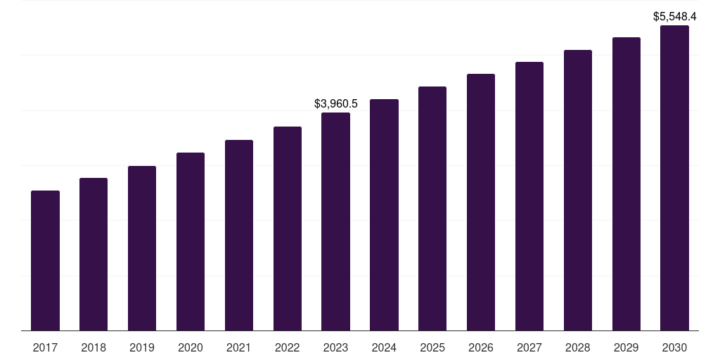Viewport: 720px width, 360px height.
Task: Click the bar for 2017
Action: (x=45, y=260)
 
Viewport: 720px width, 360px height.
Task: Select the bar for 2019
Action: (x=142, y=248)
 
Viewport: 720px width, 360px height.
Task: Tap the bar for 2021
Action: (x=239, y=235)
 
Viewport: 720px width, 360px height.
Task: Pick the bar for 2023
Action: (x=335, y=221)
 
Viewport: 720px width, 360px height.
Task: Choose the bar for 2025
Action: (x=432, y=208)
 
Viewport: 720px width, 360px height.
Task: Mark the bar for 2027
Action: (x=529, y=196)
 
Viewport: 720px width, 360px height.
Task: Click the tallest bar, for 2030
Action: (x=674, y=178)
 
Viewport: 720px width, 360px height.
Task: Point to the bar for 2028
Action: (x=578, y=190)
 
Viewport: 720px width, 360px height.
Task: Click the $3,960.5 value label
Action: (x=336, y=103)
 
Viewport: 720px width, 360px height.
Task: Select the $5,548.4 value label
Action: (x=675, y=15)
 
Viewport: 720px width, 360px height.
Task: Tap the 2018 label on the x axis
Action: (x=94, y=347)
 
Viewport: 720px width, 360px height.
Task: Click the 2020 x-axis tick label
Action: (x=191, y=347)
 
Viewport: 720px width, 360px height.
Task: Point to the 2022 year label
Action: (x=288, y=347)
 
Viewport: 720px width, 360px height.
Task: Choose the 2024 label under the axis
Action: (x=384, y=347)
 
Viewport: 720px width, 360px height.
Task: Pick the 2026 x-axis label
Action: (x=481, y=347)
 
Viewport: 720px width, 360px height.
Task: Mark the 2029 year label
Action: (x=626, y=347)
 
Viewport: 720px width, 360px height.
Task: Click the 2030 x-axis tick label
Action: (x=674, y=347)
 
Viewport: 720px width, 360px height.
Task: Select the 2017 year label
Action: (x=45, y=347)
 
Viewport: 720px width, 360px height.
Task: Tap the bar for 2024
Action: (x=384, y=214)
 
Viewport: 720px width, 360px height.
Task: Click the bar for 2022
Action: (x=288, y=229)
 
